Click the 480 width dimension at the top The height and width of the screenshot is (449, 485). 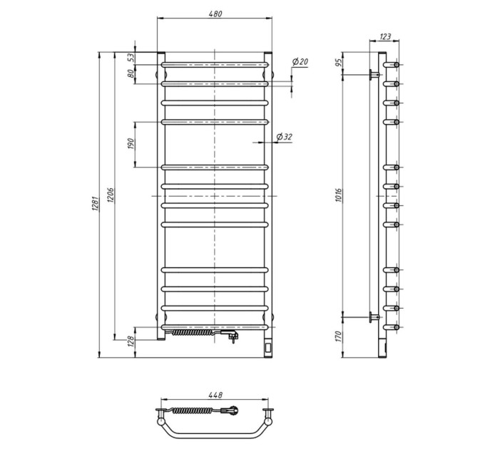(x=215, y=14)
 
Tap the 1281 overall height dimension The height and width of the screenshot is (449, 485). (x=95, y=203)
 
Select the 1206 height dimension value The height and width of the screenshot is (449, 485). (x=111, y=195)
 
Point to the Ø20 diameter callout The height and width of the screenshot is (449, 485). (x=300, y=62)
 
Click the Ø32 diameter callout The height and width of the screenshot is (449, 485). (x=284, y=137)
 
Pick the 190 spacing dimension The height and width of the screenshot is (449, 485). (x=131, y=144)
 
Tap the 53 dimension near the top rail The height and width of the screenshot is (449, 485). (x=131, y=58)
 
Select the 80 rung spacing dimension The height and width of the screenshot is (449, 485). (x=131, y=73)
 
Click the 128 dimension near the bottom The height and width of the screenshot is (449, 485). (x=131, y=341)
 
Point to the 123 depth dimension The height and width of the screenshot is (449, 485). (x=384, y=37)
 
